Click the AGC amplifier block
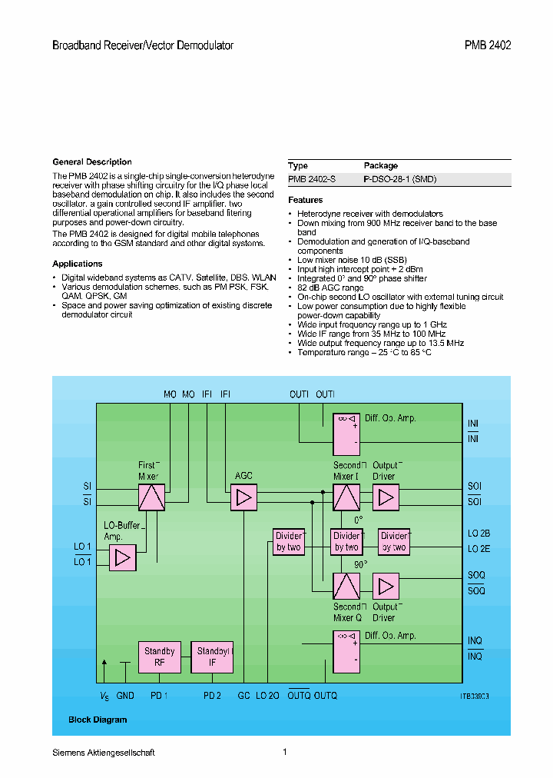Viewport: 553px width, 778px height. click(244, 498)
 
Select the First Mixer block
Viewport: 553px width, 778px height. click(152, 498)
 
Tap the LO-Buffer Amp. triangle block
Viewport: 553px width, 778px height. click(122, 558)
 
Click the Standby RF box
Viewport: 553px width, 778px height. click(159, 657)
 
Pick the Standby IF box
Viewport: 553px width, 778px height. click(212, 657)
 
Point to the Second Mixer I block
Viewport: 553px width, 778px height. click(346, 498)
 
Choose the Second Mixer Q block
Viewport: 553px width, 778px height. click(346, 587)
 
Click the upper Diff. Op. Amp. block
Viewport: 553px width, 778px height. click(346, 434)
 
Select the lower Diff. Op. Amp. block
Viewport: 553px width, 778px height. click(346, 650)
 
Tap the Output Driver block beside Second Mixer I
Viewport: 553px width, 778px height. click(386, 498)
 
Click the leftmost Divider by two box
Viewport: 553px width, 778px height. click(289, 542)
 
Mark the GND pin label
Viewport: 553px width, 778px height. click(125, 696)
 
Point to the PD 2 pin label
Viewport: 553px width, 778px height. click(212, 696)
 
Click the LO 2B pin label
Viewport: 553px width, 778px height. click(478, 534)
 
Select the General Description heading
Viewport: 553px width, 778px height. click(92, 162)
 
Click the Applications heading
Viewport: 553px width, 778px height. click(78, 264)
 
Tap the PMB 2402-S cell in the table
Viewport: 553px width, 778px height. click(311, 179)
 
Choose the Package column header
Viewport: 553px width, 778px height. click(381, 165)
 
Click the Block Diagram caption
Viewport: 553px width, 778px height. click(98, 720)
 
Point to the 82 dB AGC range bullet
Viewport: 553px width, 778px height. click(330, 288)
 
